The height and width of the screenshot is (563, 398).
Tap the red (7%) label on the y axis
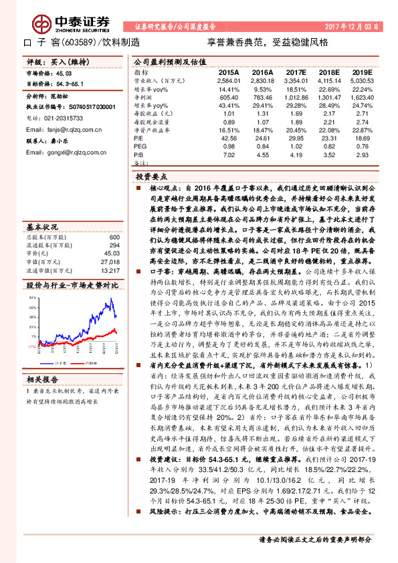[31, 346]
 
